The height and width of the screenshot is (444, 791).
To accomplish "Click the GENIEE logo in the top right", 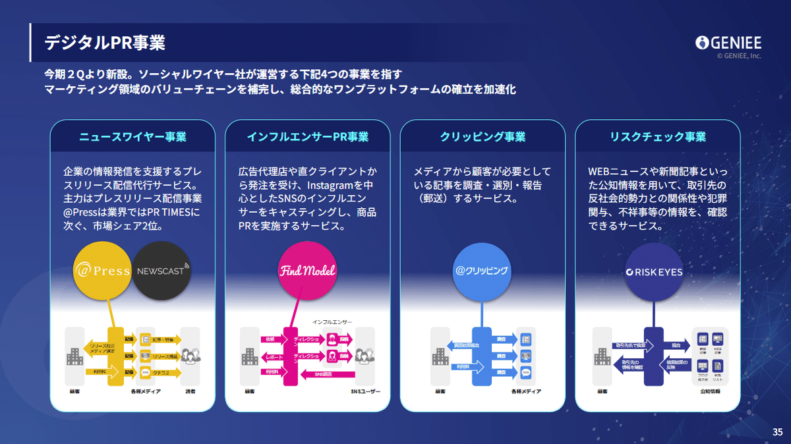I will coord(728,43).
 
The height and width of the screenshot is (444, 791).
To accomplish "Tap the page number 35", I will coord(777,432).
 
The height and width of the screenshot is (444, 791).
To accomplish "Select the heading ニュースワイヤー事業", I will coord(132,137).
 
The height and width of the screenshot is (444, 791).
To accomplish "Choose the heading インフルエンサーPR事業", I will coord(308,137).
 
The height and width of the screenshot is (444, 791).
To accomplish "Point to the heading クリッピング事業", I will coord(483,137).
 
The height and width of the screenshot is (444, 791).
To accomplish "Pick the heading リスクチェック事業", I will coord(658,137).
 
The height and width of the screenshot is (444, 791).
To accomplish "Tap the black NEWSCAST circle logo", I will coord(162,271).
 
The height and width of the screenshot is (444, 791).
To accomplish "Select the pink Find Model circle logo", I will coord(308,271).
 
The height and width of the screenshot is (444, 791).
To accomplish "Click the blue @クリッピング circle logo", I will coord(482,271).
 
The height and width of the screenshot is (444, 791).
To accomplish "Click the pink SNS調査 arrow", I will coord(327,374).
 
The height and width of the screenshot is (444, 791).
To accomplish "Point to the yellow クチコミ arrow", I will coord(161,372).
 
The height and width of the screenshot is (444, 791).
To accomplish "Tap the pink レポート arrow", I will coord(272,356).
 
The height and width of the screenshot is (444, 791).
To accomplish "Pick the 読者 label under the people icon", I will coord(189,391).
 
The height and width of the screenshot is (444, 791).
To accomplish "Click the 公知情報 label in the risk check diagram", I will coord(709,391).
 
